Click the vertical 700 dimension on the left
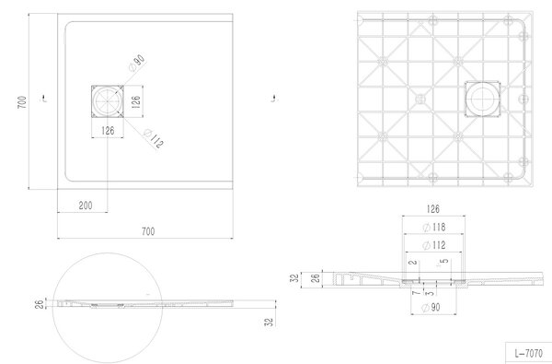click(22, 102)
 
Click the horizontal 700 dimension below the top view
click(148, 231)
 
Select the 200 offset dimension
click(86, 205)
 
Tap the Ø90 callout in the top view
click(137, 64)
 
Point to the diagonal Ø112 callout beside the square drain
click(154, 138)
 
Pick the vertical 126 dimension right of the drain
click(136, 101)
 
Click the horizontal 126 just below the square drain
click(108, 131)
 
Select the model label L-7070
click(528, 353)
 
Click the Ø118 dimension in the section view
click(434, 227)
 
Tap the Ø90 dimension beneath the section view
click(431, 308)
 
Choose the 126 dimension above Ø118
click(433, 209)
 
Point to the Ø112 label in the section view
click(434, 245)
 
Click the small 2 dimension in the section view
click(414, 262)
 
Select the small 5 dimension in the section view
click(444, 261)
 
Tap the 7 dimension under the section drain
click(417, 293)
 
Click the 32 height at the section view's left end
click(295, 277)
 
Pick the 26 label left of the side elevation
click(40, 304)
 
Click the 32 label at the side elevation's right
click(269, 322)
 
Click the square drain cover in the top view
click(108, 101)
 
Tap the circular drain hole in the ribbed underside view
click(481, 99)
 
